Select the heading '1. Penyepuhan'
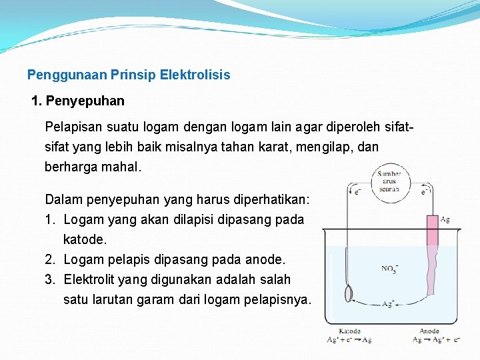78,101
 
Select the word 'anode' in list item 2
266,259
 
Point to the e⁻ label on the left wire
357,192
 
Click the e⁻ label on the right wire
424,192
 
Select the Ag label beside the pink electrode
445,219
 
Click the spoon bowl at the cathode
348,294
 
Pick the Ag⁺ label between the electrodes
387,304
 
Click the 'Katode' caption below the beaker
349,331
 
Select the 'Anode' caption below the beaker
429,331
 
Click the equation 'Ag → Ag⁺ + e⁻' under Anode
437,340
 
